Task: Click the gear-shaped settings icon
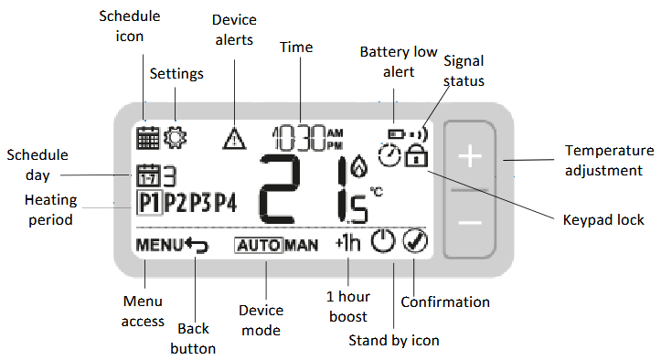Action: coord(175,137)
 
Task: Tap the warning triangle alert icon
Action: coord(234,139)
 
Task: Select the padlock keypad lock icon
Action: coord(416,155)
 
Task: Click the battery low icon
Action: coord(396,134)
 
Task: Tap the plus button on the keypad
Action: coord(470,157)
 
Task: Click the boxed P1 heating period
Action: coord(150,203)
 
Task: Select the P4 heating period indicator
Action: coord(226,203)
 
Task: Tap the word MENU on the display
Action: coord(160,245)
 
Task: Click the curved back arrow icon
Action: coord(197,246)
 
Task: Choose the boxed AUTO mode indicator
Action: coord(259,246)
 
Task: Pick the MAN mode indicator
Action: coord(302,246)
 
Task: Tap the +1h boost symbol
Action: coord(348,242)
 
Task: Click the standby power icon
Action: coord(383,241)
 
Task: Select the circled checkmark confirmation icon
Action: coord(415,241)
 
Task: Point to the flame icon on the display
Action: coord(359,165)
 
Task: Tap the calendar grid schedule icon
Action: coord(148,138)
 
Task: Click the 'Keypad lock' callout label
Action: coord(603,220)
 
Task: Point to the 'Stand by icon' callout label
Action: coord(394,340)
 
